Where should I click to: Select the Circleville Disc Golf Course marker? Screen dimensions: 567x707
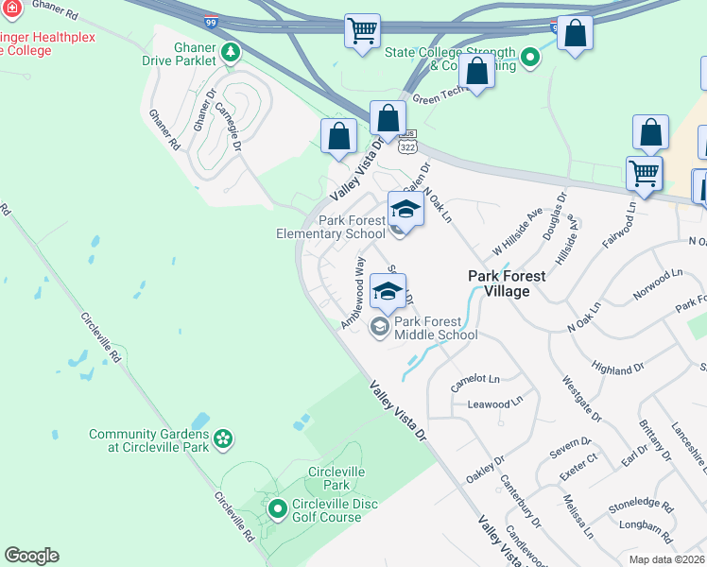click(277, 510)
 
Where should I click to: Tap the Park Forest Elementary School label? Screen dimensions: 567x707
click(331, 228)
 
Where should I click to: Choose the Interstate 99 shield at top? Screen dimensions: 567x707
click(208, 19)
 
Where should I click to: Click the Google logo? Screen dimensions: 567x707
click(31, 556)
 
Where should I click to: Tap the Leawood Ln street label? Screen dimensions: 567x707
click(495, 402)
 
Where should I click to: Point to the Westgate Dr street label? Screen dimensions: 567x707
click(581, 397)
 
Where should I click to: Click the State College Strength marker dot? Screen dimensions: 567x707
click(530, 59)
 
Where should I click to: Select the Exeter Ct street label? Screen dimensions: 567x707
click(578, 459)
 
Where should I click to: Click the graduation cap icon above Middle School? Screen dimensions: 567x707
click(388, 290)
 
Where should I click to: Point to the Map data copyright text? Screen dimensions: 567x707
click(665, 559)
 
